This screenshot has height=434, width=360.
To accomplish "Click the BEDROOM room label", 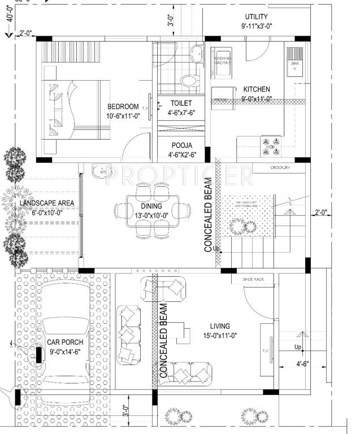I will tap(123, 106).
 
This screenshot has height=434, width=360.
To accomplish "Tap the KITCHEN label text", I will tap(257, 89).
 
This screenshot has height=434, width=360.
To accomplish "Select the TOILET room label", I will tap(181, 103).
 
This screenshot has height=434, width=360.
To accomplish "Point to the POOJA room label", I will tap(181, 145).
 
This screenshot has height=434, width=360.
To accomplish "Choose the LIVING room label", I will tap(219, 326).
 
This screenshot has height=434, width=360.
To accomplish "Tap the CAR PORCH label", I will tap(65, 342).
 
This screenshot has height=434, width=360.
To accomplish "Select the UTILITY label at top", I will tap(256, 17).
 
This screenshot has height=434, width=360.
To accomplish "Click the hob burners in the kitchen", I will tap(269, 145).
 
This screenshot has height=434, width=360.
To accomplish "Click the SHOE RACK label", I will tap(253, 279).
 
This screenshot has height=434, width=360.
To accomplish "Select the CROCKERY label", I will tap(280, 168).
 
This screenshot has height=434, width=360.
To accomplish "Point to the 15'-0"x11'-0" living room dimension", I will tap(219, 336).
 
